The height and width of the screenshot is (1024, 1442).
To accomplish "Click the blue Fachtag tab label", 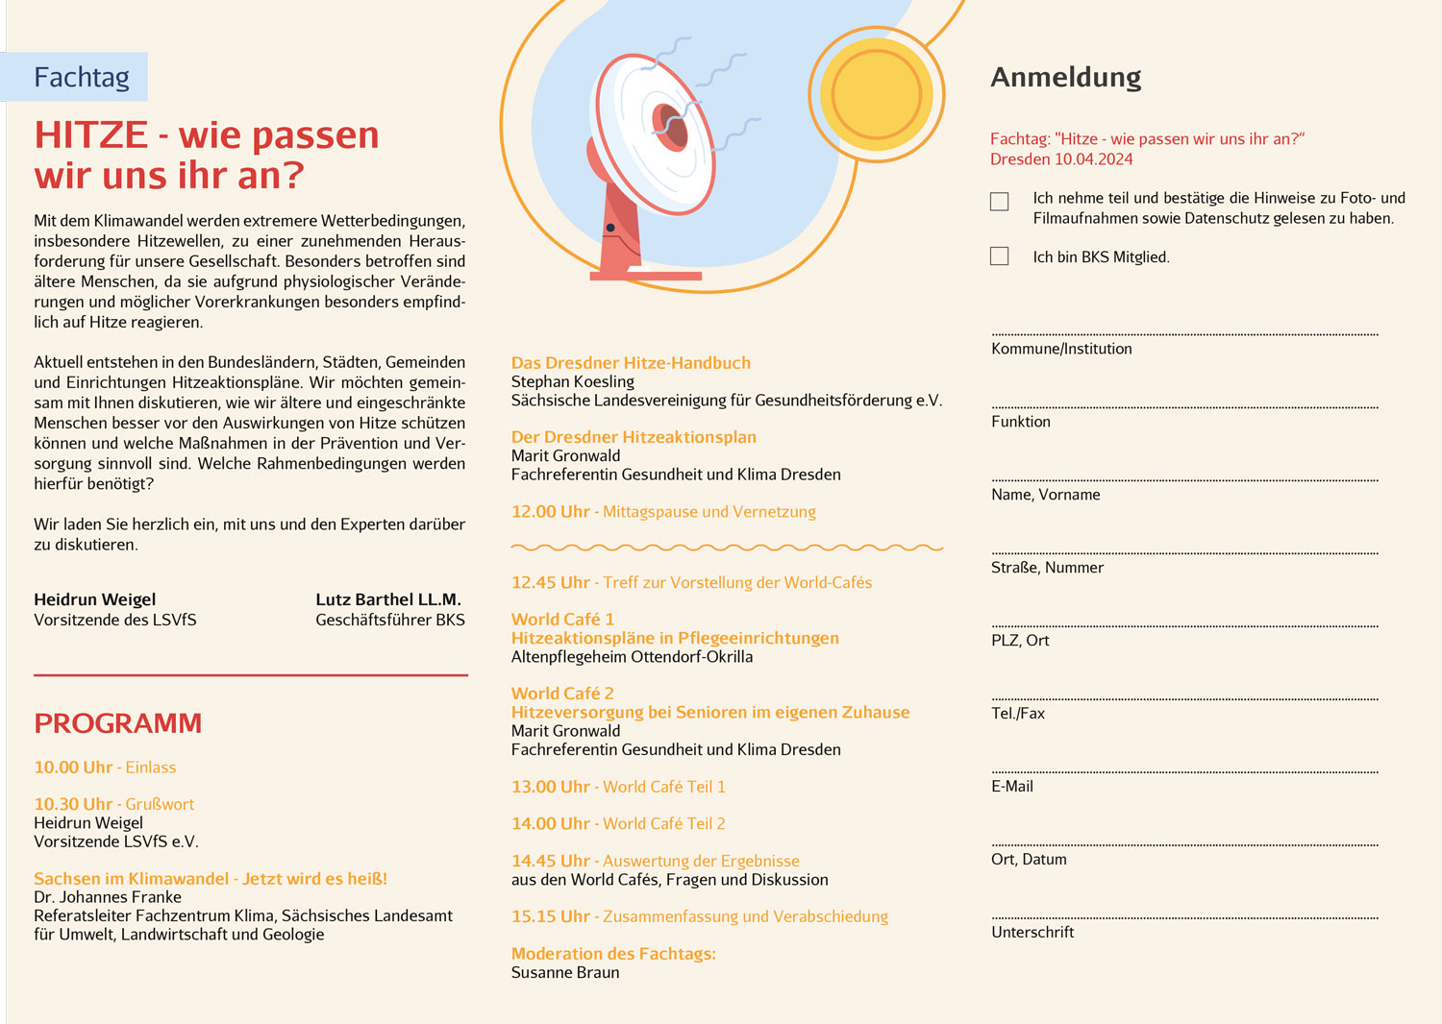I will pyautogui.click(x=81, y=77).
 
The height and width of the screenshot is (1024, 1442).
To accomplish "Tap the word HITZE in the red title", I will pyautogui.click(x=91, y=135).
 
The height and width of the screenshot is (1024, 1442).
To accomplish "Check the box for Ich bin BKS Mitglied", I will pyautogui.click(x=1000, y=256).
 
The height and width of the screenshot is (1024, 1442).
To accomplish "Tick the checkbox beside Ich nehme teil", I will pyautogui.click(x=1000, y=201).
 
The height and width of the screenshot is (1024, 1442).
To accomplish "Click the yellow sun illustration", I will pyautogui.click(x=876, y=94).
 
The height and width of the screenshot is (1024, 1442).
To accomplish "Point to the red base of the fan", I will pyautogui.click(x=645, y=275).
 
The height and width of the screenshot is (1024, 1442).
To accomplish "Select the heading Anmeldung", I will pyautogui.click(x=1066, y=77).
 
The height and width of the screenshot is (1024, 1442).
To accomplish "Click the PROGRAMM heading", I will pyautogui.click(x=118, y=723).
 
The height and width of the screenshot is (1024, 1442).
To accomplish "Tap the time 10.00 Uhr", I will pyautogui.click(x=73, y=768).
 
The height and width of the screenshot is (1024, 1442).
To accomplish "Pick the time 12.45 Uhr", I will pyautogui.click(x=550, y=582).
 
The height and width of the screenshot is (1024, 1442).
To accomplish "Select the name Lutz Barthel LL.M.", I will pyautogui.click(x=388, y=599).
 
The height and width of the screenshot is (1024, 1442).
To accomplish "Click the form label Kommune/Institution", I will pyautogui.click(x=1061, y=349).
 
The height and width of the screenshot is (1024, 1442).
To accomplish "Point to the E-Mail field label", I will pyautogui.click(x=1012, y=786).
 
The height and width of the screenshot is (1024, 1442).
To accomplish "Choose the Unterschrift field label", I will pyautogui.click(x=1032, y=932).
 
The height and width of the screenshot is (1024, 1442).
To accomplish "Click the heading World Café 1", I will pyautogui.click(x=562, y=620).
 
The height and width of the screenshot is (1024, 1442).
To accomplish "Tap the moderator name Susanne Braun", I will pyautogui.click(x=565, y=972).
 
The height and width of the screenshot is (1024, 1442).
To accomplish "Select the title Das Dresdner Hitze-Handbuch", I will pyautogui.click(x=631, y=363).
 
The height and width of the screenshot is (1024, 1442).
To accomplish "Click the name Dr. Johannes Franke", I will pyautogui.click(x=108, y=897).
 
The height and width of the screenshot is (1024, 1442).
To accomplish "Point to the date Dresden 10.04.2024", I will pyautogui.click(x=1061, y=159).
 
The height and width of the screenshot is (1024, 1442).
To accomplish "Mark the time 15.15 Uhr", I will pyautogui.click(x=550, y=916).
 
